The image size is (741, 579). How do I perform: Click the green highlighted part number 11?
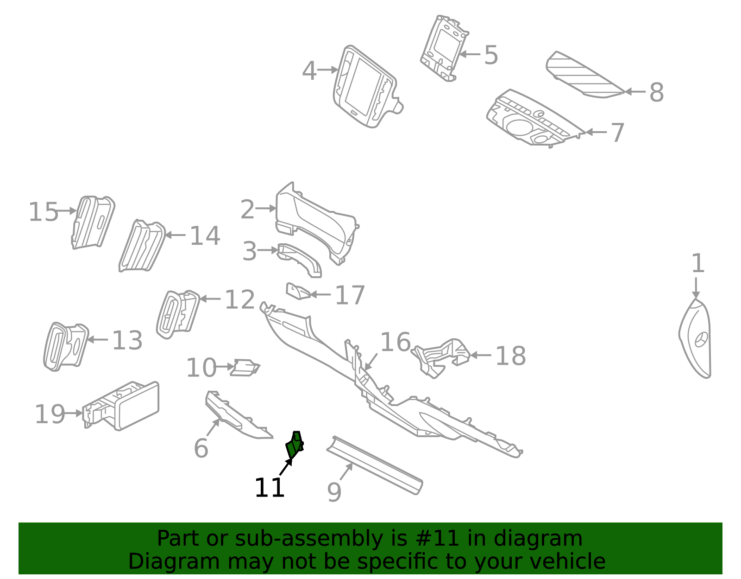[294, 445]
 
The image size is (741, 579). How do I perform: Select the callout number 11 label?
[270, 488]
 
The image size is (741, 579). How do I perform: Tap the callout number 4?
[309, 71]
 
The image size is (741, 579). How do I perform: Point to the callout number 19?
[50, 414]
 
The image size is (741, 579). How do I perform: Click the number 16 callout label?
[395, 342]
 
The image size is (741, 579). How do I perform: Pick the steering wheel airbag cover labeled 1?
[695, 338]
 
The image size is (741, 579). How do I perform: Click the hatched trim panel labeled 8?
[585, 75]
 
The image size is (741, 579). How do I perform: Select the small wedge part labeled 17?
[298, 291]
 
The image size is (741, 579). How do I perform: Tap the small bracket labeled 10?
[245, 368]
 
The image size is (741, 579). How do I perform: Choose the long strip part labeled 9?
[374, 465]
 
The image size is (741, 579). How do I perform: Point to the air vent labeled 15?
[93, 222]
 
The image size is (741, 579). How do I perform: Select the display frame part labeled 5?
[444, 48]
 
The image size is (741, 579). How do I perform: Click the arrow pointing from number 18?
[480, 355]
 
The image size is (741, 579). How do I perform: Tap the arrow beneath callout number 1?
[696, 288]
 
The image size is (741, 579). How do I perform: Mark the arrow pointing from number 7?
[596, 132]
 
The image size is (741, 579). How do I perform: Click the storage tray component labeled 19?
[121, 406]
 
